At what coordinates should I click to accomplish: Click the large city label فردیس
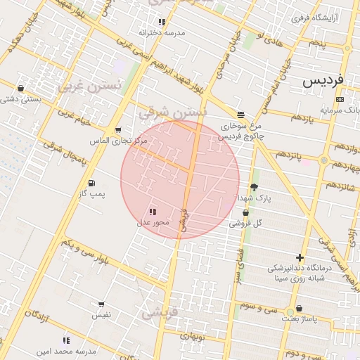coord(323,80)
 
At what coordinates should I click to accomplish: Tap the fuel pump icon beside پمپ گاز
coord(91,184)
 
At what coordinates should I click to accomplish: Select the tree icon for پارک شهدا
coord(254,187)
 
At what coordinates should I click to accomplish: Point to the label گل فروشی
coord(245,224)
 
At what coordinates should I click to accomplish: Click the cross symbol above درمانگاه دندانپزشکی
coord(300,258)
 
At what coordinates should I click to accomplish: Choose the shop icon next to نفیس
coord(101,305)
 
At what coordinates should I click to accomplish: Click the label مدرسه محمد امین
coord(65,350)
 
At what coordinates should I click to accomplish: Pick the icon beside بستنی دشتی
coord(20,89)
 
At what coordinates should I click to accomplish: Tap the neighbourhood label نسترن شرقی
coord(173,111)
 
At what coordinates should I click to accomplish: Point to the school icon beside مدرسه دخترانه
coord(162,22)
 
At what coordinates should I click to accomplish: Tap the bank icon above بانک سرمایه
coord(340,100)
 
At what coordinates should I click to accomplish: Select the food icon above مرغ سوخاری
coord(240,115)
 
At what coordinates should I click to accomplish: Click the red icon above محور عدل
coord(153,212)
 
